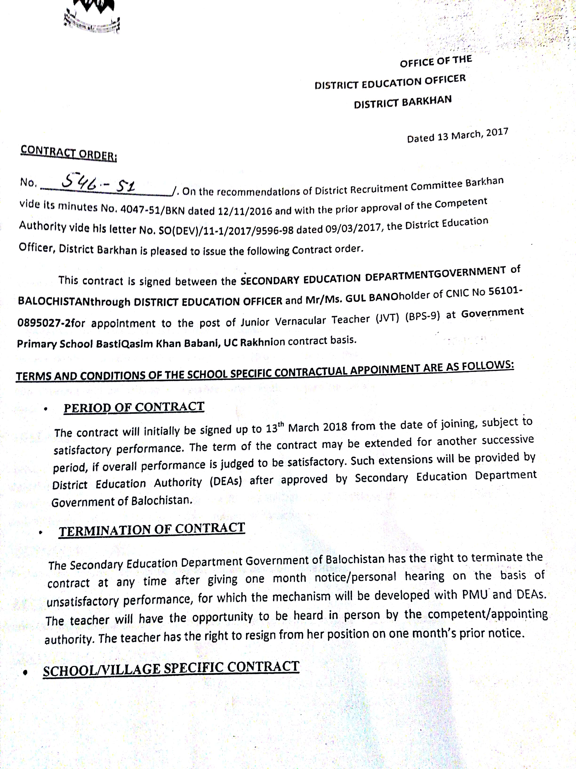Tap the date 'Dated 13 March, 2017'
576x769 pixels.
(457, 135)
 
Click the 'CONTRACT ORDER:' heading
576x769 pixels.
(68, 153)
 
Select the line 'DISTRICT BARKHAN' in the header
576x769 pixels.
(403, 102)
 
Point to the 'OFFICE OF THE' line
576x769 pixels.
(436, 61)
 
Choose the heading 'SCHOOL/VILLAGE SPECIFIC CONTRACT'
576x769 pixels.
(171, 669)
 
